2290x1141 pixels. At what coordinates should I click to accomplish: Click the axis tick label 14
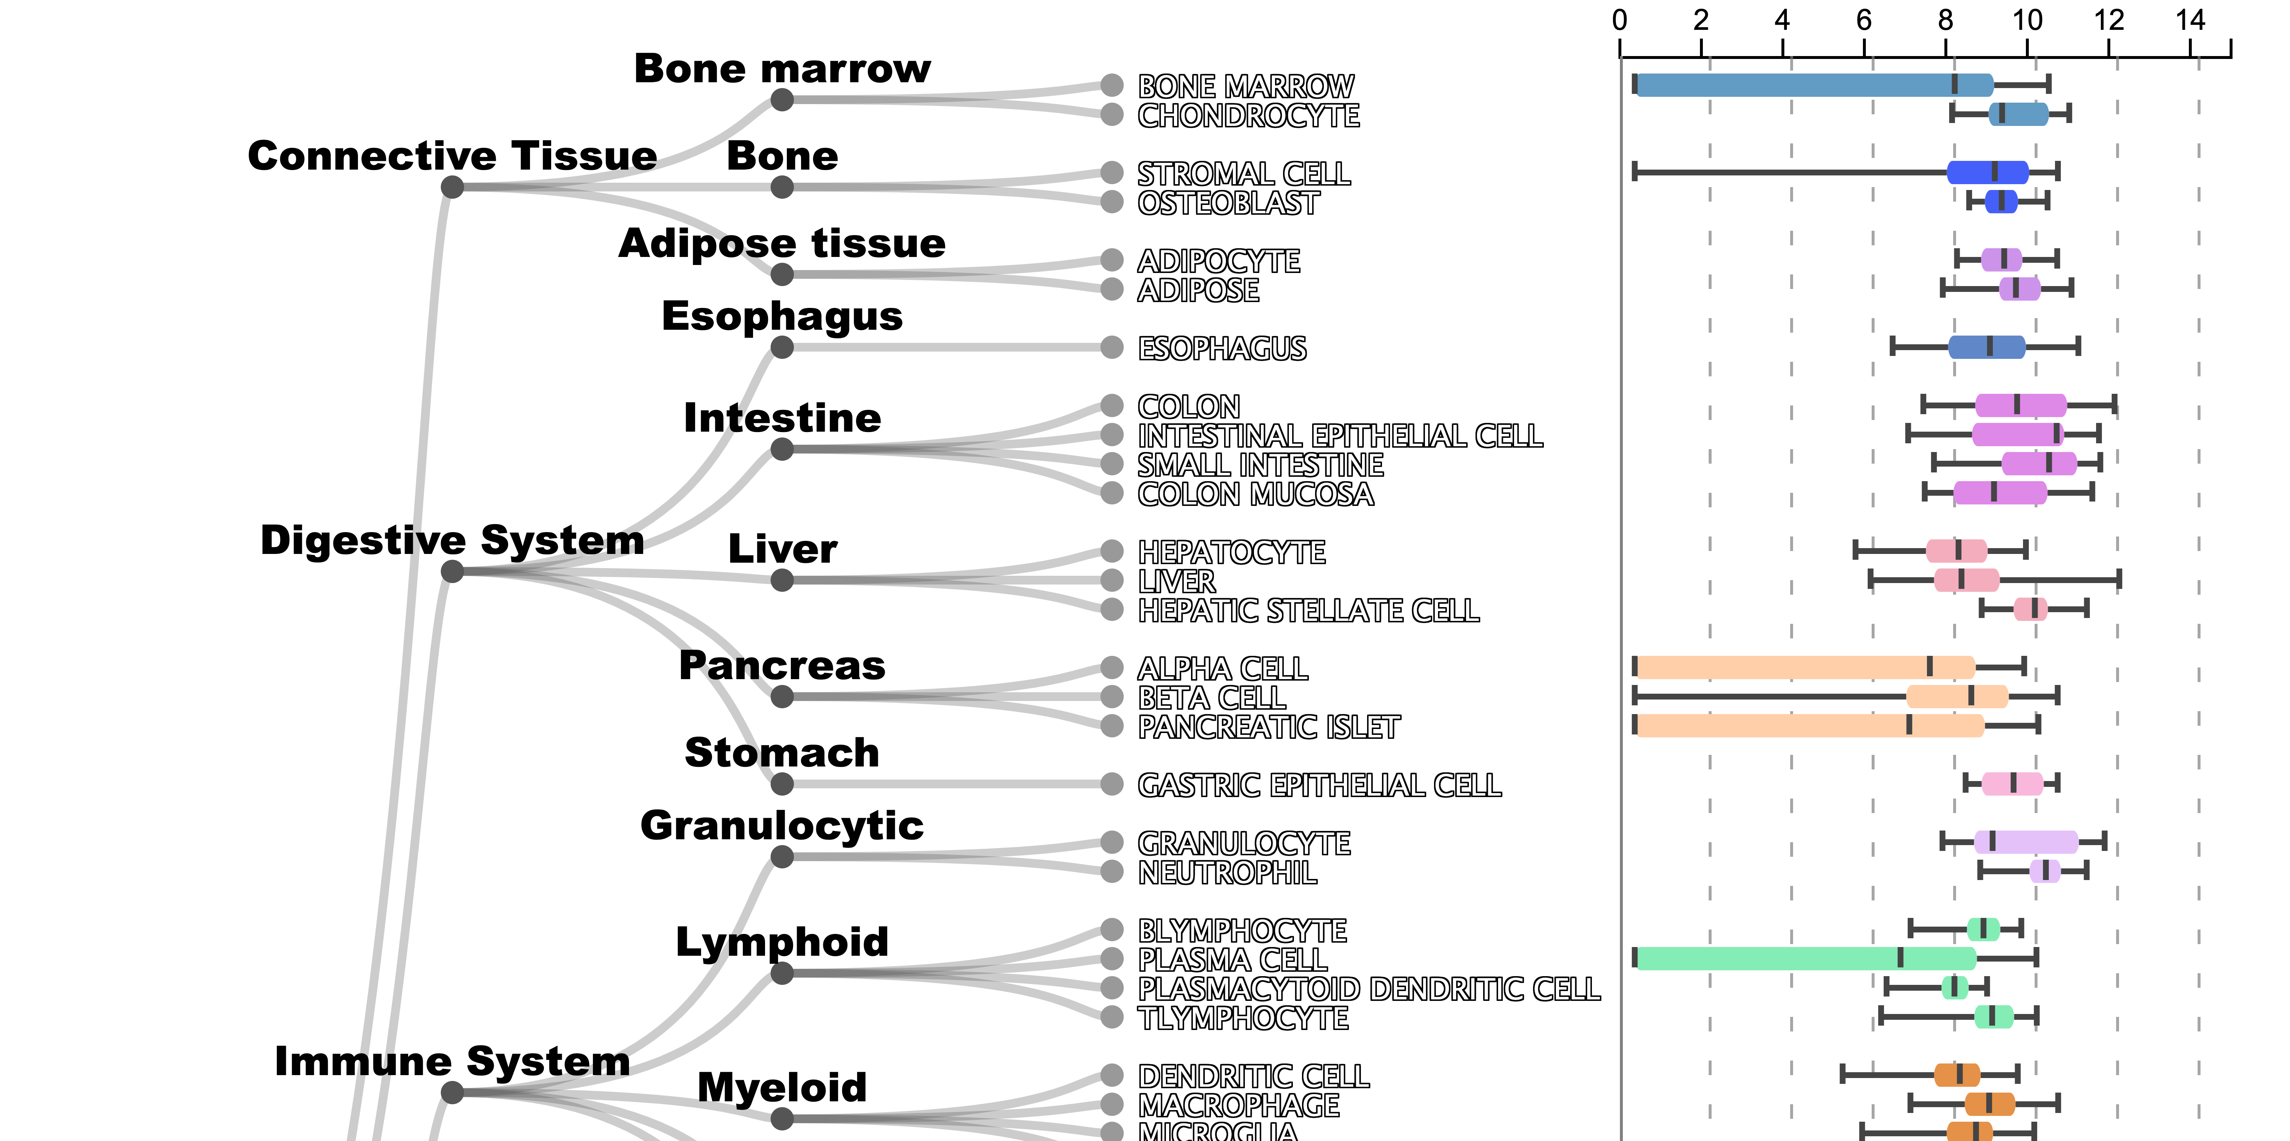click(2190, 20)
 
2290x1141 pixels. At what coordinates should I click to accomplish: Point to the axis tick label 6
click(1864, 20)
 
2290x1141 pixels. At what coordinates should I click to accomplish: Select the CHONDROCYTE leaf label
click(1248, 116)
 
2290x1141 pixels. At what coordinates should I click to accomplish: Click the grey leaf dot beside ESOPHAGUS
click(1111, 347)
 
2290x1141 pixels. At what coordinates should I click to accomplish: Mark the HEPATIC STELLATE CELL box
click(2030, 609)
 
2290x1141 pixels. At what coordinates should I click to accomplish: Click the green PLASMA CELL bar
click(1805, 958)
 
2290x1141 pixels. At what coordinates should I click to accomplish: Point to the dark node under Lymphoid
click(782, 973)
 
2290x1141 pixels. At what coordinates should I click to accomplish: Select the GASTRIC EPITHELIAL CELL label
click(1319, 785)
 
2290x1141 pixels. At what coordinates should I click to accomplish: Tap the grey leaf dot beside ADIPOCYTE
click(1111, 260)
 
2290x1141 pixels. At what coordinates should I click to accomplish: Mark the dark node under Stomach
click(782, 784)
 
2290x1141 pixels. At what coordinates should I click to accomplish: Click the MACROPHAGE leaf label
click(1238, 1105)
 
